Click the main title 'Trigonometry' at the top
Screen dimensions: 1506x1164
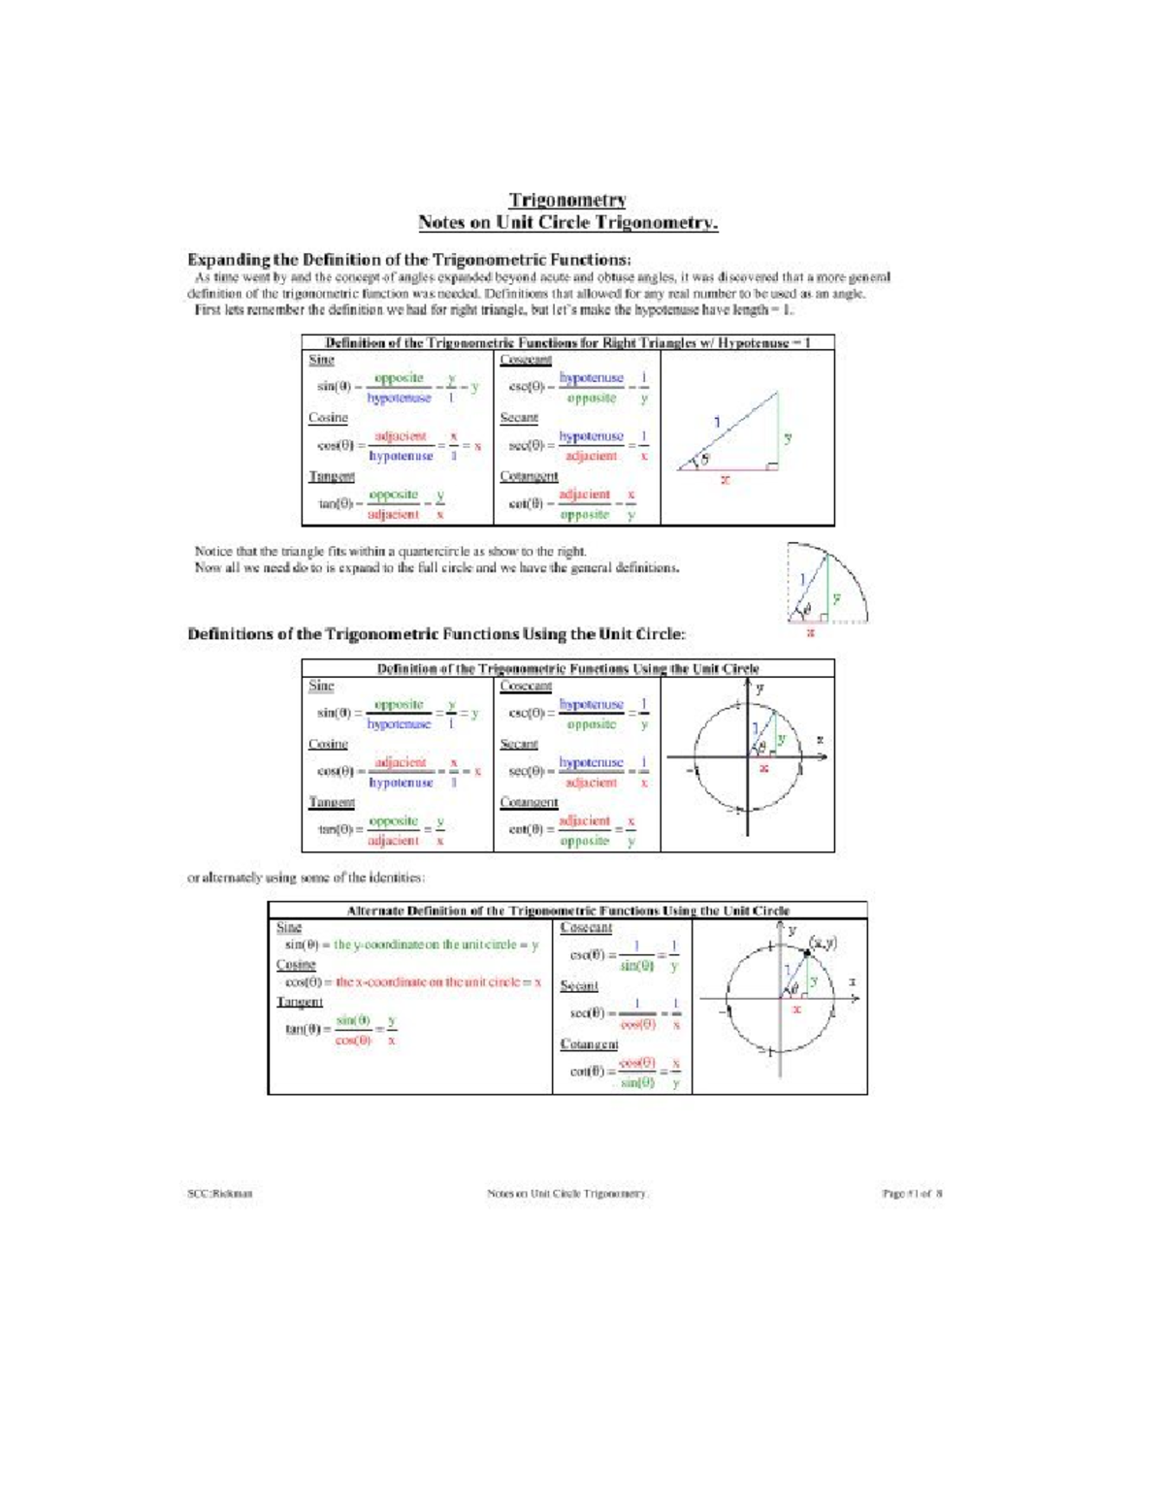[567, 200]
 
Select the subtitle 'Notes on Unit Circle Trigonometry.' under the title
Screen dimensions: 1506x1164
[567, 223]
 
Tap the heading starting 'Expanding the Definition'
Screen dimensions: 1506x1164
[408, 259]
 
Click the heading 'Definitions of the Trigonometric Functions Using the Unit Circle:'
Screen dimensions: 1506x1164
[436, 634]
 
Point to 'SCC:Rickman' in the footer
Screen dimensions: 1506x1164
[220, 1194]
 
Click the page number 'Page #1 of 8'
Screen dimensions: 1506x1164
[912, 1194]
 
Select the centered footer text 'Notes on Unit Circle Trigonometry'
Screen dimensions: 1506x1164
[567, 1194]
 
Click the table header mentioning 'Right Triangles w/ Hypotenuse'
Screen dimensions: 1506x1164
[567, 343]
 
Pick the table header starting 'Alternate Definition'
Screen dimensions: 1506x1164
[567, 911]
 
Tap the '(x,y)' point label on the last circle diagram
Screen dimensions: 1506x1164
[824, 943]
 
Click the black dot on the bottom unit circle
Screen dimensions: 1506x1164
[807, 954]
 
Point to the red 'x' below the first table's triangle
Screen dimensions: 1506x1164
[725, 480]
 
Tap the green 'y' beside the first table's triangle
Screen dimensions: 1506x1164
[788, 437]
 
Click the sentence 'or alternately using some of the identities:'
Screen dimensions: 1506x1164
[306, 878]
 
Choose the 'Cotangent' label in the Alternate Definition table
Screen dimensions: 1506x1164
[589, 1044]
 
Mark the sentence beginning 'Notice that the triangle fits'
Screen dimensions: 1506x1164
[390, 551]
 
